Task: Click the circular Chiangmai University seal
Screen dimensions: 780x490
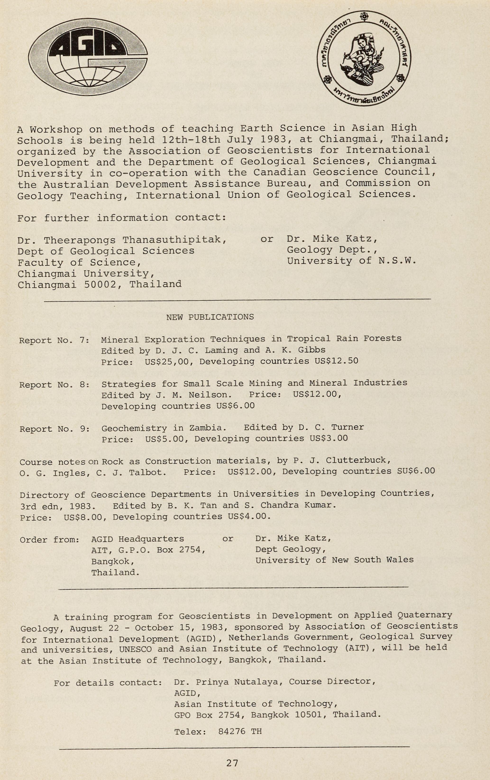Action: click(x=364, y=58)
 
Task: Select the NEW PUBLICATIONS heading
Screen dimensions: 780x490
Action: click(x=210, y=317)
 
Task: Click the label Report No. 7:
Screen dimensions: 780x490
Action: click(x=55, y=341)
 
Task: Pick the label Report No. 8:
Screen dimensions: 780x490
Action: click(x=55, y=385)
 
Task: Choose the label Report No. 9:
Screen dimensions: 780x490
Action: click(x=55, y=429)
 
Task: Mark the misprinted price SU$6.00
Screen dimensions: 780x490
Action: click(x=416, y=471)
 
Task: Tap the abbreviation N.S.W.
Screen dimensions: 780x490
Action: click(x=397, y=261)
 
